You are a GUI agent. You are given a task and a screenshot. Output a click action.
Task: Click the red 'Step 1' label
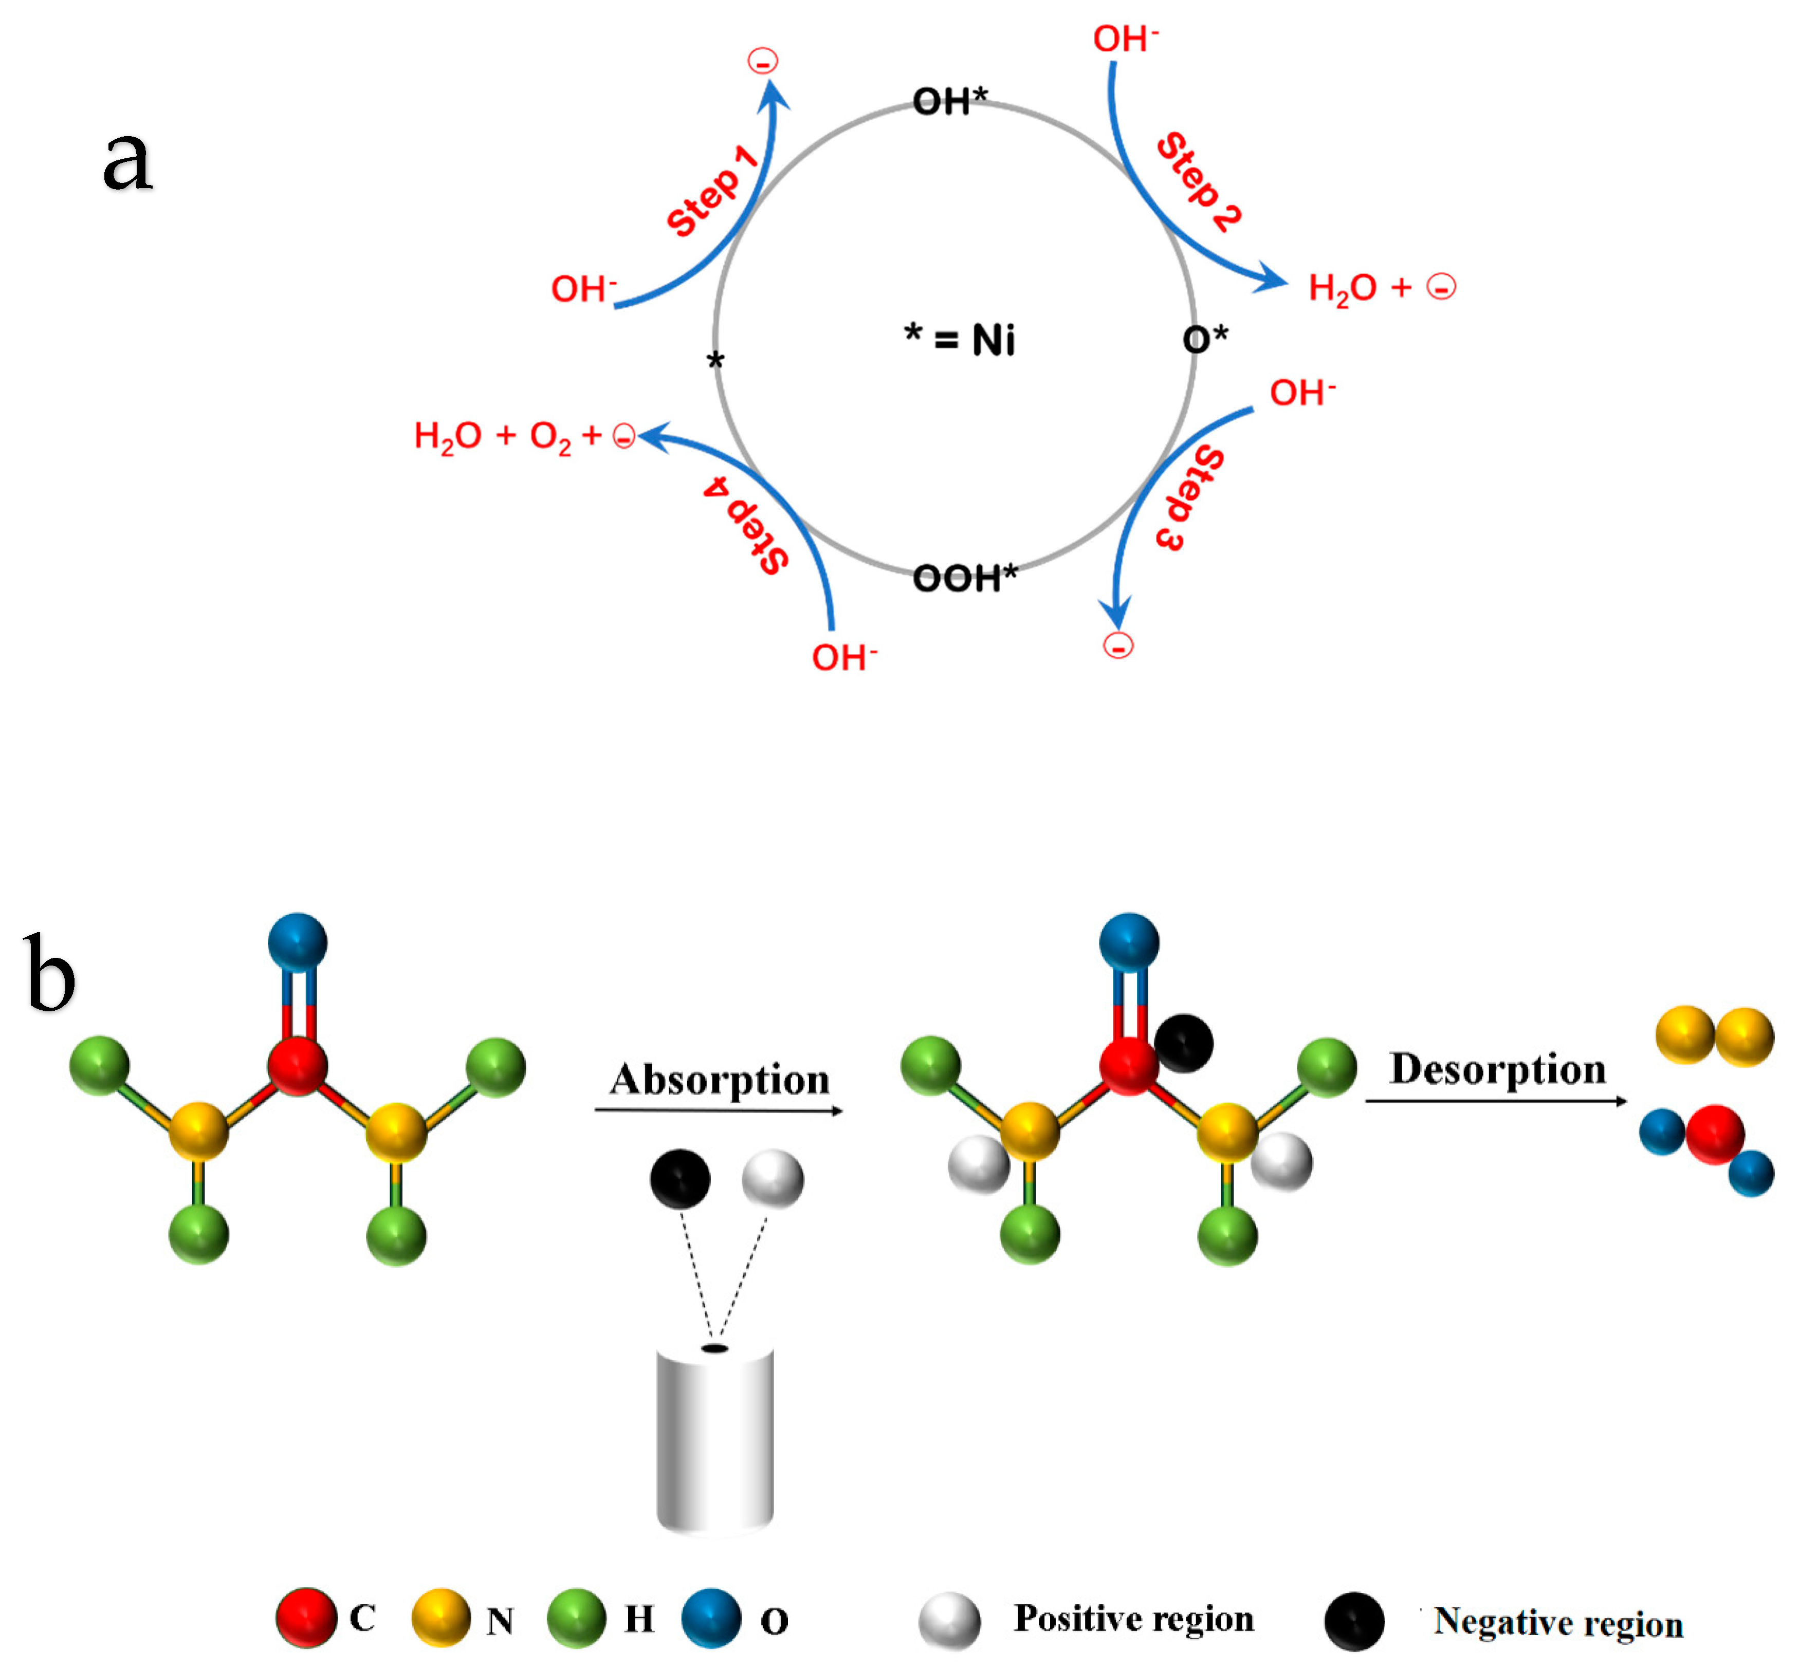click(x=711, y=191)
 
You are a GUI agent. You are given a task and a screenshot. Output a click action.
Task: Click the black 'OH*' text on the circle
click(x=949, y=101)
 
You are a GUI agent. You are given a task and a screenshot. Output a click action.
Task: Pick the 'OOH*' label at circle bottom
click(x=964, y=578)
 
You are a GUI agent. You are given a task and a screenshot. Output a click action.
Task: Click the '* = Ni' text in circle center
click(x=960, y=340)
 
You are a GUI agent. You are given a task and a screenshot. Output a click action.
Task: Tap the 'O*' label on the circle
click(x=1204, y=339)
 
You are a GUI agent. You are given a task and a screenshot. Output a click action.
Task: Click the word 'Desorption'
click(x=1497, y=1069)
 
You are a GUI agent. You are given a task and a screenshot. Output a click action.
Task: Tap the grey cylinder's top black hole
click(x=715, y=1348)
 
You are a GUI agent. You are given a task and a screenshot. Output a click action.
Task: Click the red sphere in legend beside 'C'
click(x=306, y=1618)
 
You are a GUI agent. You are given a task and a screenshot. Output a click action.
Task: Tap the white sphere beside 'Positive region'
click(x=949, y=1621)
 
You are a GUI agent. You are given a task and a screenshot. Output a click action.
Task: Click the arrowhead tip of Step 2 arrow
click(x=1286, y=284)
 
